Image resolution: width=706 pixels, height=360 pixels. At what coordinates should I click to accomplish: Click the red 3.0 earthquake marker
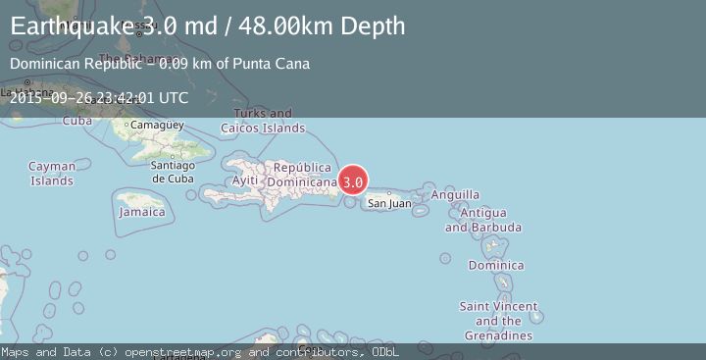(x=353, y=181)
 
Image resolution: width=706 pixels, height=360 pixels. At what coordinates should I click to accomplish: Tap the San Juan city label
(x=389, y=204)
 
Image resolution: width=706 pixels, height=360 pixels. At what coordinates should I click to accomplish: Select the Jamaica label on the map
(x=141, y=212)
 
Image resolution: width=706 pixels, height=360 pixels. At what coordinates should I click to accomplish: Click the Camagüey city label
(x=157, y=126)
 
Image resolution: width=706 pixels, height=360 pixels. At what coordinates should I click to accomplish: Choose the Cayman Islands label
(x=52, y=174)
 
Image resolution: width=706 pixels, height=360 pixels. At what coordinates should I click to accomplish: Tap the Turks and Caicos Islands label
(x=262, y=121)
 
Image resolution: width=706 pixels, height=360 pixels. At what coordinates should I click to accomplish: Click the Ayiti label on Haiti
(x=245, y=180)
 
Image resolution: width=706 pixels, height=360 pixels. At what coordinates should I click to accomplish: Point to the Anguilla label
(x=455, y=194)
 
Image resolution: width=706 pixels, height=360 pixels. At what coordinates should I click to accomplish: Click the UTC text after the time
(x=172, y=97)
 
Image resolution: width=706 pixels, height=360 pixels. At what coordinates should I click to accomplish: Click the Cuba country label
(x=77, y=121)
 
